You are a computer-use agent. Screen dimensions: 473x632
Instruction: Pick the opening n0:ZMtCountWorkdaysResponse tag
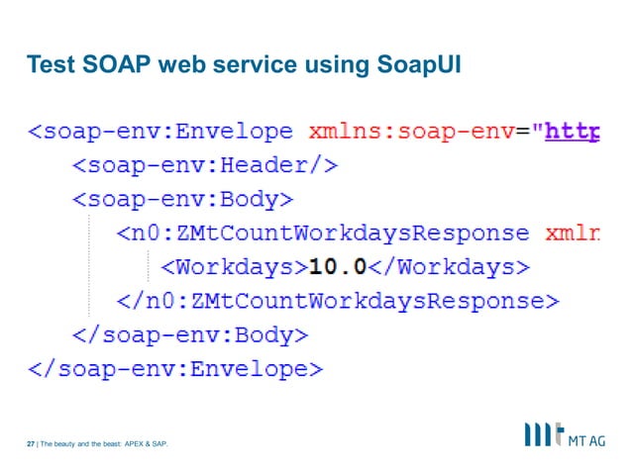tap(323, 234)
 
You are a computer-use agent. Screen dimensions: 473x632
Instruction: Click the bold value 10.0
tap(338, 267)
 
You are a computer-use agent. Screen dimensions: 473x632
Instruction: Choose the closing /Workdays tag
tap(450, 267)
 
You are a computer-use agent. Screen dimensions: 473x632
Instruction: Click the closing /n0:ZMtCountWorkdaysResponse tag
tap(338, 301)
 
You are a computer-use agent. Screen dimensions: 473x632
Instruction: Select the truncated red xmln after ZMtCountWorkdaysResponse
tap(573, 234)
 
